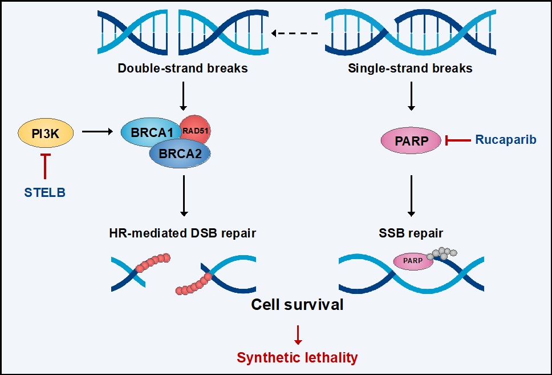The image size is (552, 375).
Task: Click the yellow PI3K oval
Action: click(x=46, y=134)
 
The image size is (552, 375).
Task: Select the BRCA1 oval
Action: click(x=149, y=132)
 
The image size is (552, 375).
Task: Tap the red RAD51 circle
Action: click(x=196, y=130)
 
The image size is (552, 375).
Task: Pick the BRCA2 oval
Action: click(x=180, y=154)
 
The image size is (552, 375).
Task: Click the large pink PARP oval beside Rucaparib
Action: click(x=411, y=140)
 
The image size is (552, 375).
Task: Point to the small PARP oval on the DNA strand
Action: click(x=413, y=261)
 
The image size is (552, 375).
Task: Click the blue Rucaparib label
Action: click(x=506, y=140)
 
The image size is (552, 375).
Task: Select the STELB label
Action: click(x=44, y=192)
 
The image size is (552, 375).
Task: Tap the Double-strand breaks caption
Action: click(x=182, y=68)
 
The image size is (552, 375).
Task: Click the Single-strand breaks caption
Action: click(x=410, y=68)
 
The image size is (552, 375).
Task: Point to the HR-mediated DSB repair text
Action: click(x=182, y=233)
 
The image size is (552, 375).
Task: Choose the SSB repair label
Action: click(x=411, y=233)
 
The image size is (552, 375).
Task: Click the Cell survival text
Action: click(x=297, y=305)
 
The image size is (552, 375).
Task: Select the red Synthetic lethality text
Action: click(x=297, y=357)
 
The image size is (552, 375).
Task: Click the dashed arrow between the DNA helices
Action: click(x=295, y=34)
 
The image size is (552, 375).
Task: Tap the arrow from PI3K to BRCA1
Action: click(x=98, y=131)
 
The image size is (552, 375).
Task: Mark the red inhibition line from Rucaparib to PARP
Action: click(x=458, y=140)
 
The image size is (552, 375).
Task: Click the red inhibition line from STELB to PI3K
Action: click(x=45, y=166)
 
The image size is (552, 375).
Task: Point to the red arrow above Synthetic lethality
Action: click(x=298, y=335)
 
